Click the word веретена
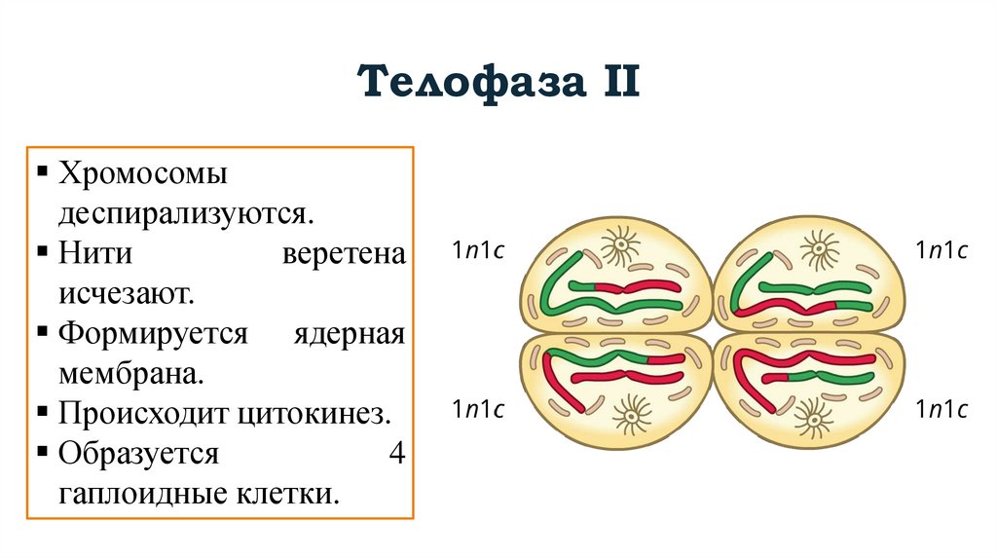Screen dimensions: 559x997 343,254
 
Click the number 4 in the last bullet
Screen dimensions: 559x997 395,453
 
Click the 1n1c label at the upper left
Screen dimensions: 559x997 477,250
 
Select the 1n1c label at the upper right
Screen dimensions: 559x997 941,250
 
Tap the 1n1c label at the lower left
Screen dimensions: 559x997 477,410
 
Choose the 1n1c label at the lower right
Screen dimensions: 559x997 941,410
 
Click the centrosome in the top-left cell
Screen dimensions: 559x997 619,245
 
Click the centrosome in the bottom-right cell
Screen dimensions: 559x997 811,417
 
